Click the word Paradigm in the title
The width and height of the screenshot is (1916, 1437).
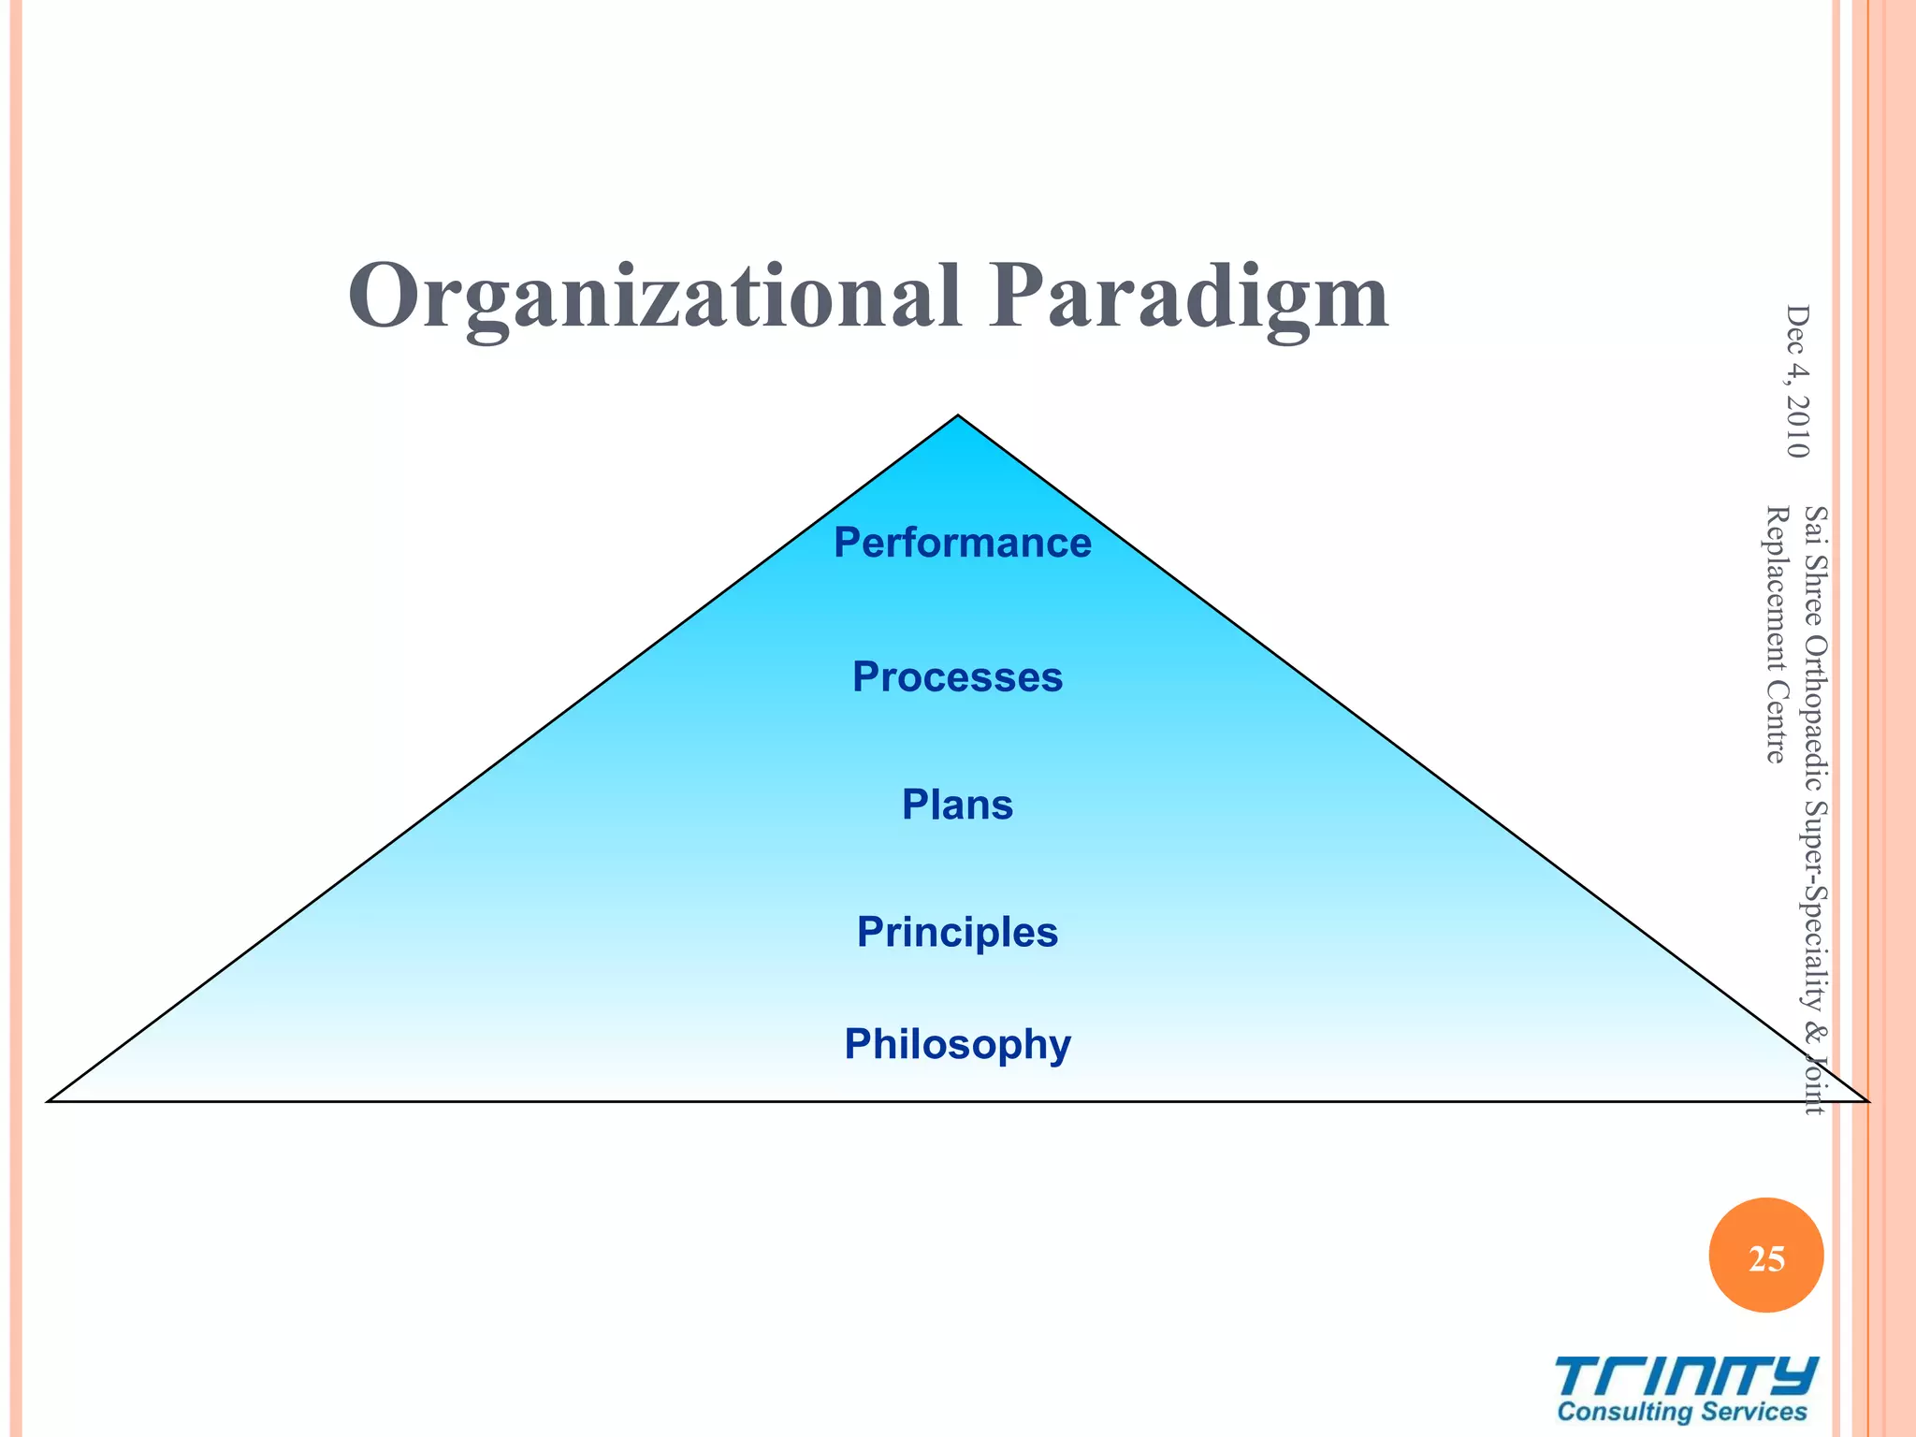click(1189, 298)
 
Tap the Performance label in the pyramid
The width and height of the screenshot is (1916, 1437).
click(962, 543)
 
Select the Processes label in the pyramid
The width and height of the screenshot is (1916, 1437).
click(957, 676)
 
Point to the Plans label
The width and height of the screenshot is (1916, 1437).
click(957, 805)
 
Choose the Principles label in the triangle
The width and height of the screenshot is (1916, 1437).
click(957, 932)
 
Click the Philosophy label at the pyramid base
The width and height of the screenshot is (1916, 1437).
click(957, 1044)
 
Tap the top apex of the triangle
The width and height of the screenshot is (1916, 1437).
click(958, 418)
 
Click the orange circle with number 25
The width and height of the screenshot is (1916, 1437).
click(1766, 1256)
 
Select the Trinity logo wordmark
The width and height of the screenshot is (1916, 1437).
click(1687, 1377)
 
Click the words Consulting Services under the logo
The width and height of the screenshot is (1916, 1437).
click(1682, 1413)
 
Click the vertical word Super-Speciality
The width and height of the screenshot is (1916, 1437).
click(1815, 903)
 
